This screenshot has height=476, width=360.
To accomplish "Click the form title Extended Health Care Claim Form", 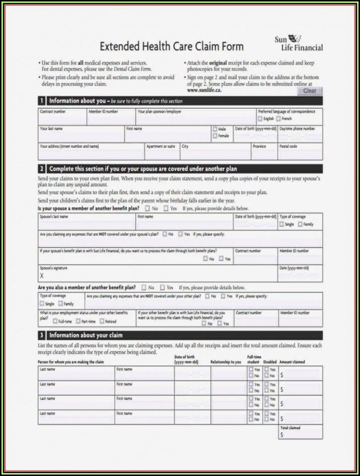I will click(171, 46).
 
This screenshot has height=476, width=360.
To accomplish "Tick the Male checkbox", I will click(215, 129).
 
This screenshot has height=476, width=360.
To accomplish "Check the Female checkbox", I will click(215, 136).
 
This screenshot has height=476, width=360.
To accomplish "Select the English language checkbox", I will click(260, 119).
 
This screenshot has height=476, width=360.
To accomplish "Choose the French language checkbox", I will click(278, 119).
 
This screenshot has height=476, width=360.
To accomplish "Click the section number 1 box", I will click(42, 101).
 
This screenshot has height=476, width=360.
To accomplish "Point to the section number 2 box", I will click(42, 169).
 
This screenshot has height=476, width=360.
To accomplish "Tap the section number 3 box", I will click(42, 335).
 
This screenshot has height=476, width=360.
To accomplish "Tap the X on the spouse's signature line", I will click(42, 276).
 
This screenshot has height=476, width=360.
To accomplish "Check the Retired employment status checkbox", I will click(102, 321).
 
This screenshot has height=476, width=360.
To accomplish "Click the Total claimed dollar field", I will click(301, 434).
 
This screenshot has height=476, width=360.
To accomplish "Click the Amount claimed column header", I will click(292, 362).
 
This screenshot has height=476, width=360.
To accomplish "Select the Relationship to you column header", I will click(226, 362).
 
